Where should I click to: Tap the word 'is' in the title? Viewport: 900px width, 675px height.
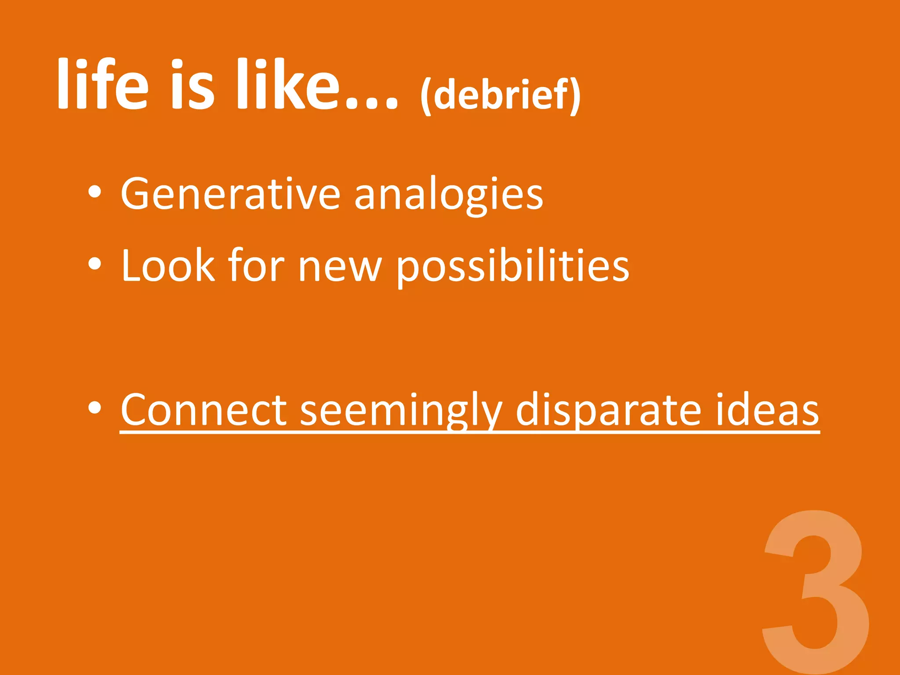192,84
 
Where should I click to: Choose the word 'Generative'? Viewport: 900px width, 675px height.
230,193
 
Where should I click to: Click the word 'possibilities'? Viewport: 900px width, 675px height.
512,266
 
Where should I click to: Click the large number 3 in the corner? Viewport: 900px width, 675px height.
816,589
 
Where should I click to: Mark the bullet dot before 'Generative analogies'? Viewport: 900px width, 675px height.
94,192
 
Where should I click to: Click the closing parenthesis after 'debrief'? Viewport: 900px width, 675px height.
575,96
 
